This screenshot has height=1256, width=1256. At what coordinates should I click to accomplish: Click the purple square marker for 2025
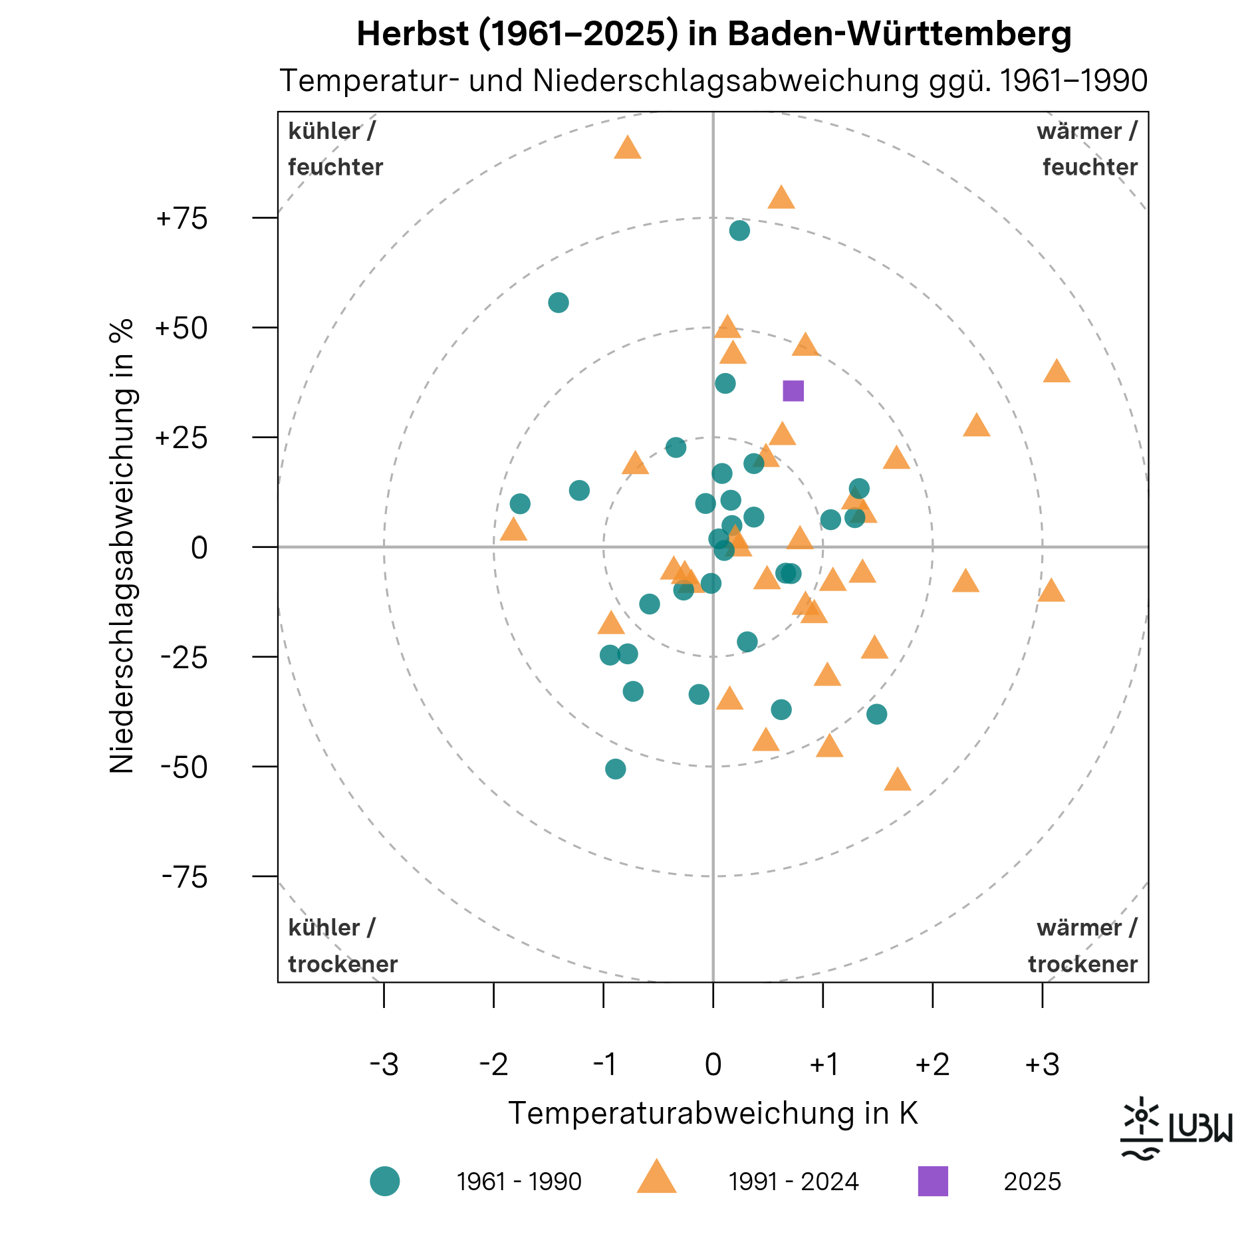(x=793, y=391)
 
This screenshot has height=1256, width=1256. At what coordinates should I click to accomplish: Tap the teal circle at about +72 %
(x=739, y=231)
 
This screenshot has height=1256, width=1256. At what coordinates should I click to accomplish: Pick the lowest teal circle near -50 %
(x=616, y=769)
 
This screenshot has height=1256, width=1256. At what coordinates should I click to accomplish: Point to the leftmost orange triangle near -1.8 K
(x=513, y=531)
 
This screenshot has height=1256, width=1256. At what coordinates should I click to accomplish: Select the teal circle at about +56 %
(x=559, y=303)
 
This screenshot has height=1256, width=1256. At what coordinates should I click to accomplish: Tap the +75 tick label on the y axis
(x=182, y=219)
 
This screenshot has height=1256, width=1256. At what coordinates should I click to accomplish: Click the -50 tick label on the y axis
(x=184, y=768)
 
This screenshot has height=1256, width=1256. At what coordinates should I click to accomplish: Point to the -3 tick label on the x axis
(x=384, y=1065)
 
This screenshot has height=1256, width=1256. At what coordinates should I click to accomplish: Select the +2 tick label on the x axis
(x=932, y=1065)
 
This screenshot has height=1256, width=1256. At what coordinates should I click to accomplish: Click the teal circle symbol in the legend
(x=385, y=1181)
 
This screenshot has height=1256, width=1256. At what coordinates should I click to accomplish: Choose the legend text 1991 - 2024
(x=793, y=1182)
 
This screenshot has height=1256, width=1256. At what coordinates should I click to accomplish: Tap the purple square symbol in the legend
(x=933, y=1181)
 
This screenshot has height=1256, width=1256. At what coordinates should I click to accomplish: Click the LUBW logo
(x=1176, y=1128)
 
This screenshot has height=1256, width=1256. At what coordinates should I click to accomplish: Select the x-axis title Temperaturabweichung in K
(x=713, y=1113)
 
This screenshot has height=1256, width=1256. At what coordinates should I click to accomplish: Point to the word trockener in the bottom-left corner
(x=342, y=964)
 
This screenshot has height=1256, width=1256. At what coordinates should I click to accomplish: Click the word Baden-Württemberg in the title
(x=900, y=34)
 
